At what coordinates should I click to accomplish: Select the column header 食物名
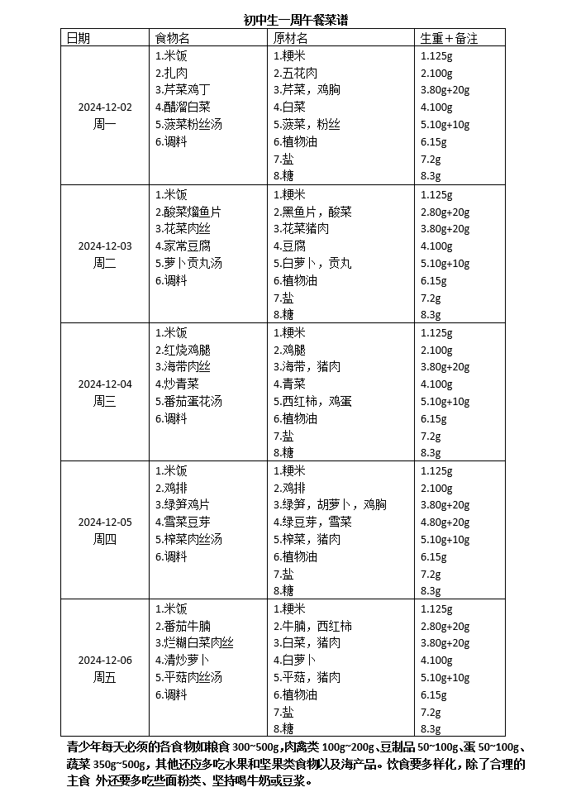(173, 38)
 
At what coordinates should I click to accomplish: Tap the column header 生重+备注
(450, 38)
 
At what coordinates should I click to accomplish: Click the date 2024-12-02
(105, 107)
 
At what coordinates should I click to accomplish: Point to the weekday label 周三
(105, 401)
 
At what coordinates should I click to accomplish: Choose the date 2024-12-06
(105, 660)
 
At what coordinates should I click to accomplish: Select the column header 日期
(79, 38)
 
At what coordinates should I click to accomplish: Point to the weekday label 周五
(105, 677)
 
